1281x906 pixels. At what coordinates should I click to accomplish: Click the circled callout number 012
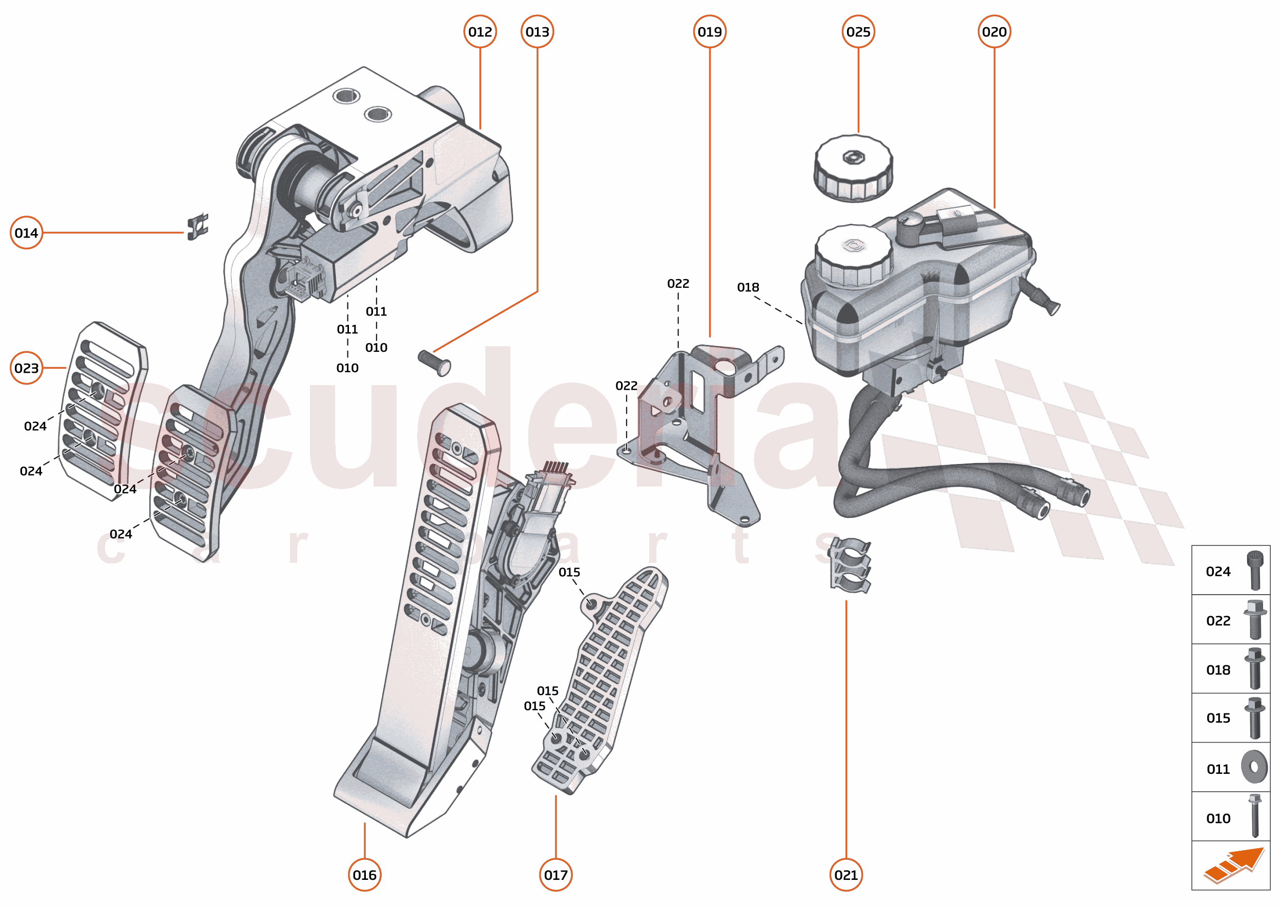pos(480,32)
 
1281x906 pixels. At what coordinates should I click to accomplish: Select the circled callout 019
pos(710,32)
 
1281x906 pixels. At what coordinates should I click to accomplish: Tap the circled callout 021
pos(845,875)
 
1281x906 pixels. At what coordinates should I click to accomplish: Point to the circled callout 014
pos(26,233)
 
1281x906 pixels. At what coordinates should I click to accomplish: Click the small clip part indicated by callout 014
pos(198,226)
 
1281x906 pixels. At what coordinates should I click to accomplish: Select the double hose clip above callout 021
pos(850,564)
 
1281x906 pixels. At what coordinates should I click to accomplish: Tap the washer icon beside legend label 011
pos(1254,767)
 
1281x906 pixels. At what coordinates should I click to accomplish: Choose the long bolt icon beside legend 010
pos(1255,816)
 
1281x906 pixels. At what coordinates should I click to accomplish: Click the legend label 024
pos(1218,571)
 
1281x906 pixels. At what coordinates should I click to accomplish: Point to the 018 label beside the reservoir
pos(748,287)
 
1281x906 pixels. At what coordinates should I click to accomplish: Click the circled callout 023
pos(26,368)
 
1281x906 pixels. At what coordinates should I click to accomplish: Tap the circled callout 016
pos(364,875)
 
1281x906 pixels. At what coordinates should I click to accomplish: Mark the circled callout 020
pos(994,32)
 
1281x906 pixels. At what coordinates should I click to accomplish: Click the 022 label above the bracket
pos(678,283)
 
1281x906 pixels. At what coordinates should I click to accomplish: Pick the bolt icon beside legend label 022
pos(1254,619)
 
